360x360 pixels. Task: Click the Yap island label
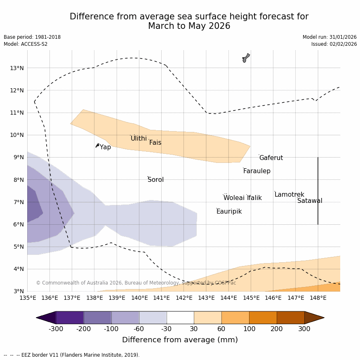coord(105,147)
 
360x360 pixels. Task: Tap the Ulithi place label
coord(139,139)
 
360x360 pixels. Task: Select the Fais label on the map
coord(155,143)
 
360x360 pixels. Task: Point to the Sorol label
coord(155,180)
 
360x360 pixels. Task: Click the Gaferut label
coord(271,158)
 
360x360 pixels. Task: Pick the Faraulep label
coord(256,171)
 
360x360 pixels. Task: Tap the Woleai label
coord(234,198)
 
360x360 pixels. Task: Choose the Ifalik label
coord(254,198)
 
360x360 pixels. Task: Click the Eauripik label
coord(229,212)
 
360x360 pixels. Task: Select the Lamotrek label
coord(289,195)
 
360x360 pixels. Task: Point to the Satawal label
coord(310,201)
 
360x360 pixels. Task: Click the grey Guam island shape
coord(246,58)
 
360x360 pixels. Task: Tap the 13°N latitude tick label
coord(16,68)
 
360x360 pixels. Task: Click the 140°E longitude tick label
coord(139,298)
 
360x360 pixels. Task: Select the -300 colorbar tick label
coord(56,329)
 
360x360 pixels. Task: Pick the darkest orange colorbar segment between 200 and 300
coord(290,318)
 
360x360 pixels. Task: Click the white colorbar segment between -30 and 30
coord(180,318)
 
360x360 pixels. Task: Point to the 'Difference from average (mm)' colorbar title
coord(180,340)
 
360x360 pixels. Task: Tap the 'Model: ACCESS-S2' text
coord(26,44)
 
